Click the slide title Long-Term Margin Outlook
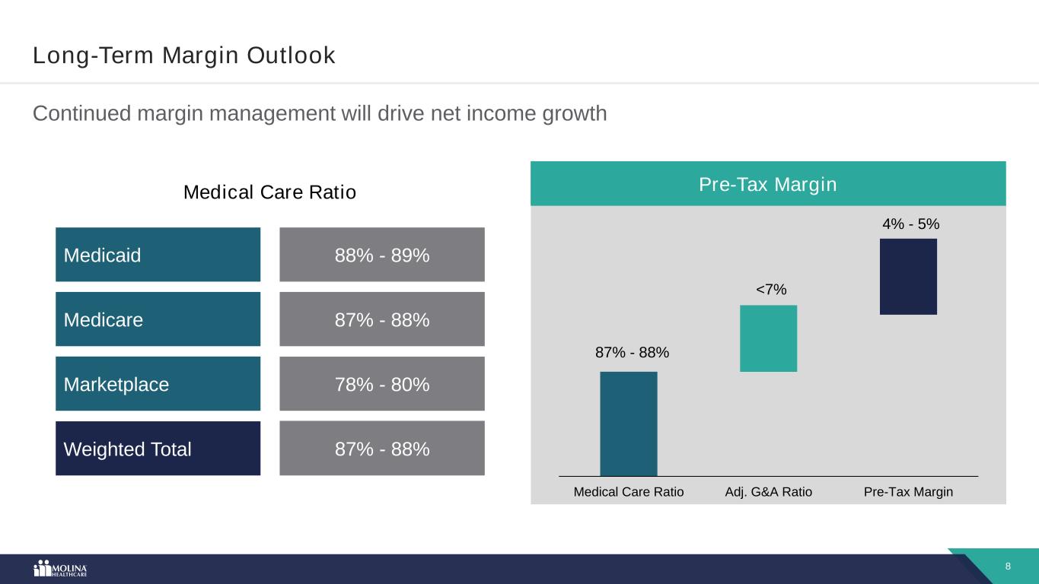point(183,56)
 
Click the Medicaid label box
point(158,255)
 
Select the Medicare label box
point(158,319)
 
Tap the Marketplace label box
point(158,384)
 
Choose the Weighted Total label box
point(158,449)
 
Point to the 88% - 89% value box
point(382,255)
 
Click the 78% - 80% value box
point(382,384)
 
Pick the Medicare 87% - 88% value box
point(382,319)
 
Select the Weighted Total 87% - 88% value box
point(382,449)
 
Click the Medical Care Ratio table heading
point(269,193)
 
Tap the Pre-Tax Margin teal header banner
point(768,184)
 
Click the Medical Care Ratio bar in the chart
point(629,424)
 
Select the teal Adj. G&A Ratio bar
point(768,338)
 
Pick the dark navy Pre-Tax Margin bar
point(908,276)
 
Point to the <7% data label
point(771,290)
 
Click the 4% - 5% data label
point(910,224)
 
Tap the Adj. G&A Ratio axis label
point(768,492)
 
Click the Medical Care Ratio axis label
point(629,492)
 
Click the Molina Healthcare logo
point(61,569)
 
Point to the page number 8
point(1008,567)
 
